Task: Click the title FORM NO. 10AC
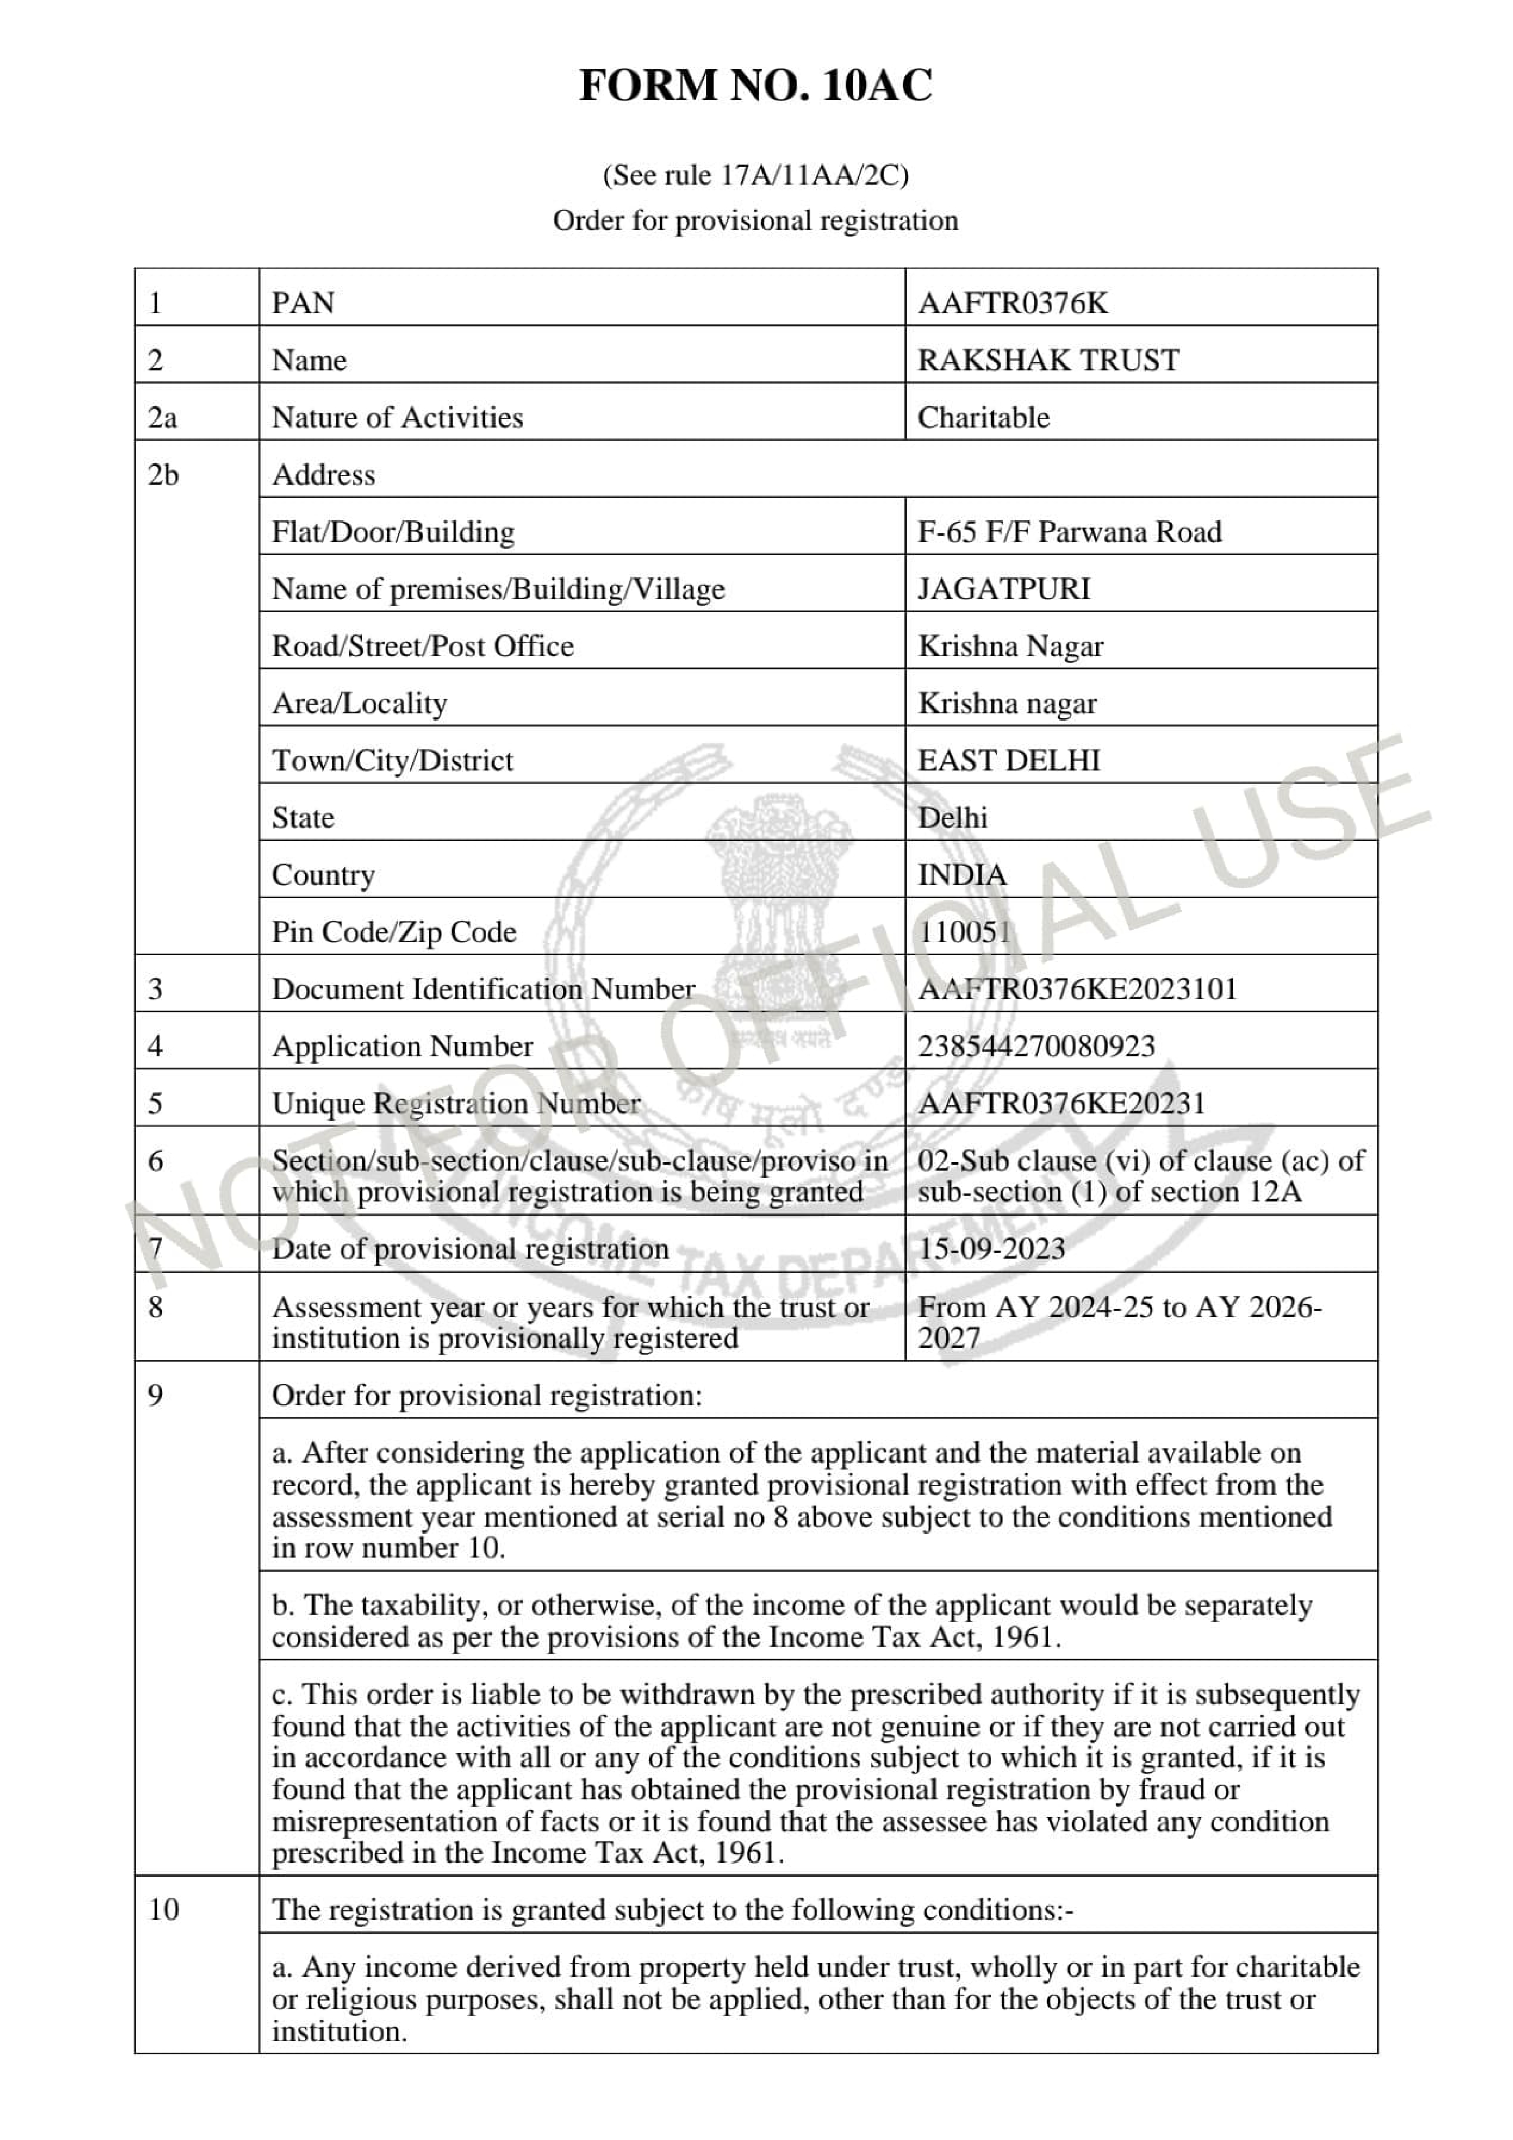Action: click(755, 86)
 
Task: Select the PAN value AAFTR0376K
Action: click(1013, 303)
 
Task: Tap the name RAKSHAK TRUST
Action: click(1048, 360)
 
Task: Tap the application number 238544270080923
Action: click(1036, 1046)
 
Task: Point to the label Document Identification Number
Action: click(483, 988)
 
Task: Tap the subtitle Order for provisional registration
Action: click(755, 220)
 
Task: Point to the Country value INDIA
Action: click(962, 875)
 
